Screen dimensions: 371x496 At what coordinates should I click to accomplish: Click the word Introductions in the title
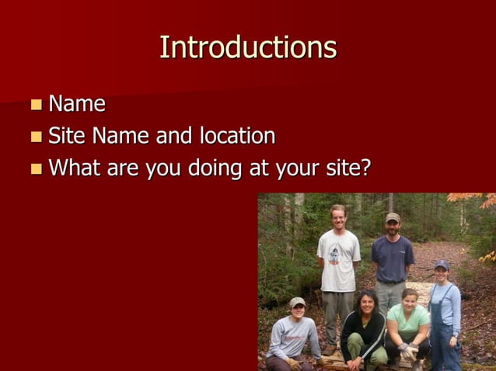click(x=248, y=47)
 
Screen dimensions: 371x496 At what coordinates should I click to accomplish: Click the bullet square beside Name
click(x=37, y=105)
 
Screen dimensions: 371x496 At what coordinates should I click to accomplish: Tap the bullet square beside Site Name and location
click(x=37, y=137)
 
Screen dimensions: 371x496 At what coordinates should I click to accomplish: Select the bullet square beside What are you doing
click(x=37, y=169)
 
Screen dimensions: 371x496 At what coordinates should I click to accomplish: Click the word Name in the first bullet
click(x=77, y=104)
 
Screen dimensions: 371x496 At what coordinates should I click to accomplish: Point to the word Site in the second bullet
click(x=67, y=137)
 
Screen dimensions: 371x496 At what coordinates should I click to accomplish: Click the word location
click(x=236, y=137)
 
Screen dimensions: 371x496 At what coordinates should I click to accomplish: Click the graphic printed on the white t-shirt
click(x=335, y=253)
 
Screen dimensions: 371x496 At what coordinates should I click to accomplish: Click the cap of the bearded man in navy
click(x=393, y=217)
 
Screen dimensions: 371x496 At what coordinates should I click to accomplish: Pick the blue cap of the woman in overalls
click(x=442, y=265)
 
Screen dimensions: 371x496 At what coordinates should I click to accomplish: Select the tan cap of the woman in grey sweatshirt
click(x=297, y=301)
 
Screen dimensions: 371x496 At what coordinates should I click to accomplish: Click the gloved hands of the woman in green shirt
click(x=408, y=350)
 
